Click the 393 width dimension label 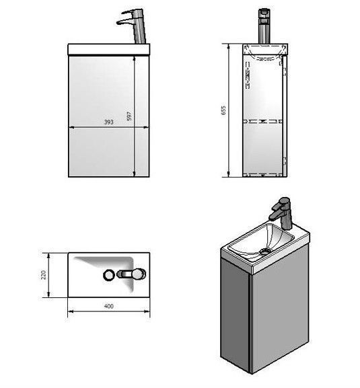pos(109,122)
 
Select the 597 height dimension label pos(129,116)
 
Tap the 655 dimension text pos(223,110)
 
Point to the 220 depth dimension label pos(43,275)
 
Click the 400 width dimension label pos(109,306)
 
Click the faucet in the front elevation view pos(132,26)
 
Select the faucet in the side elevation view pos(264,26)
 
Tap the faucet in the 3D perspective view pos(281,212)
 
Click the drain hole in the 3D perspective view pos(264,251)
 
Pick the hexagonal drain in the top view pos(109,275)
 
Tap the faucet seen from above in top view pos(131,274)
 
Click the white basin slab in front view pos(109,50)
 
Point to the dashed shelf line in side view pos(263,121)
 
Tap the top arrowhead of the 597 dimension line pos(134,58)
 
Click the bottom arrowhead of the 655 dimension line pos(229,174)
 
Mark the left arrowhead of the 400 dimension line pos(70,311)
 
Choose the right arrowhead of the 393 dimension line pos(147,128)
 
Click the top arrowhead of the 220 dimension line pos(48,256)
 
